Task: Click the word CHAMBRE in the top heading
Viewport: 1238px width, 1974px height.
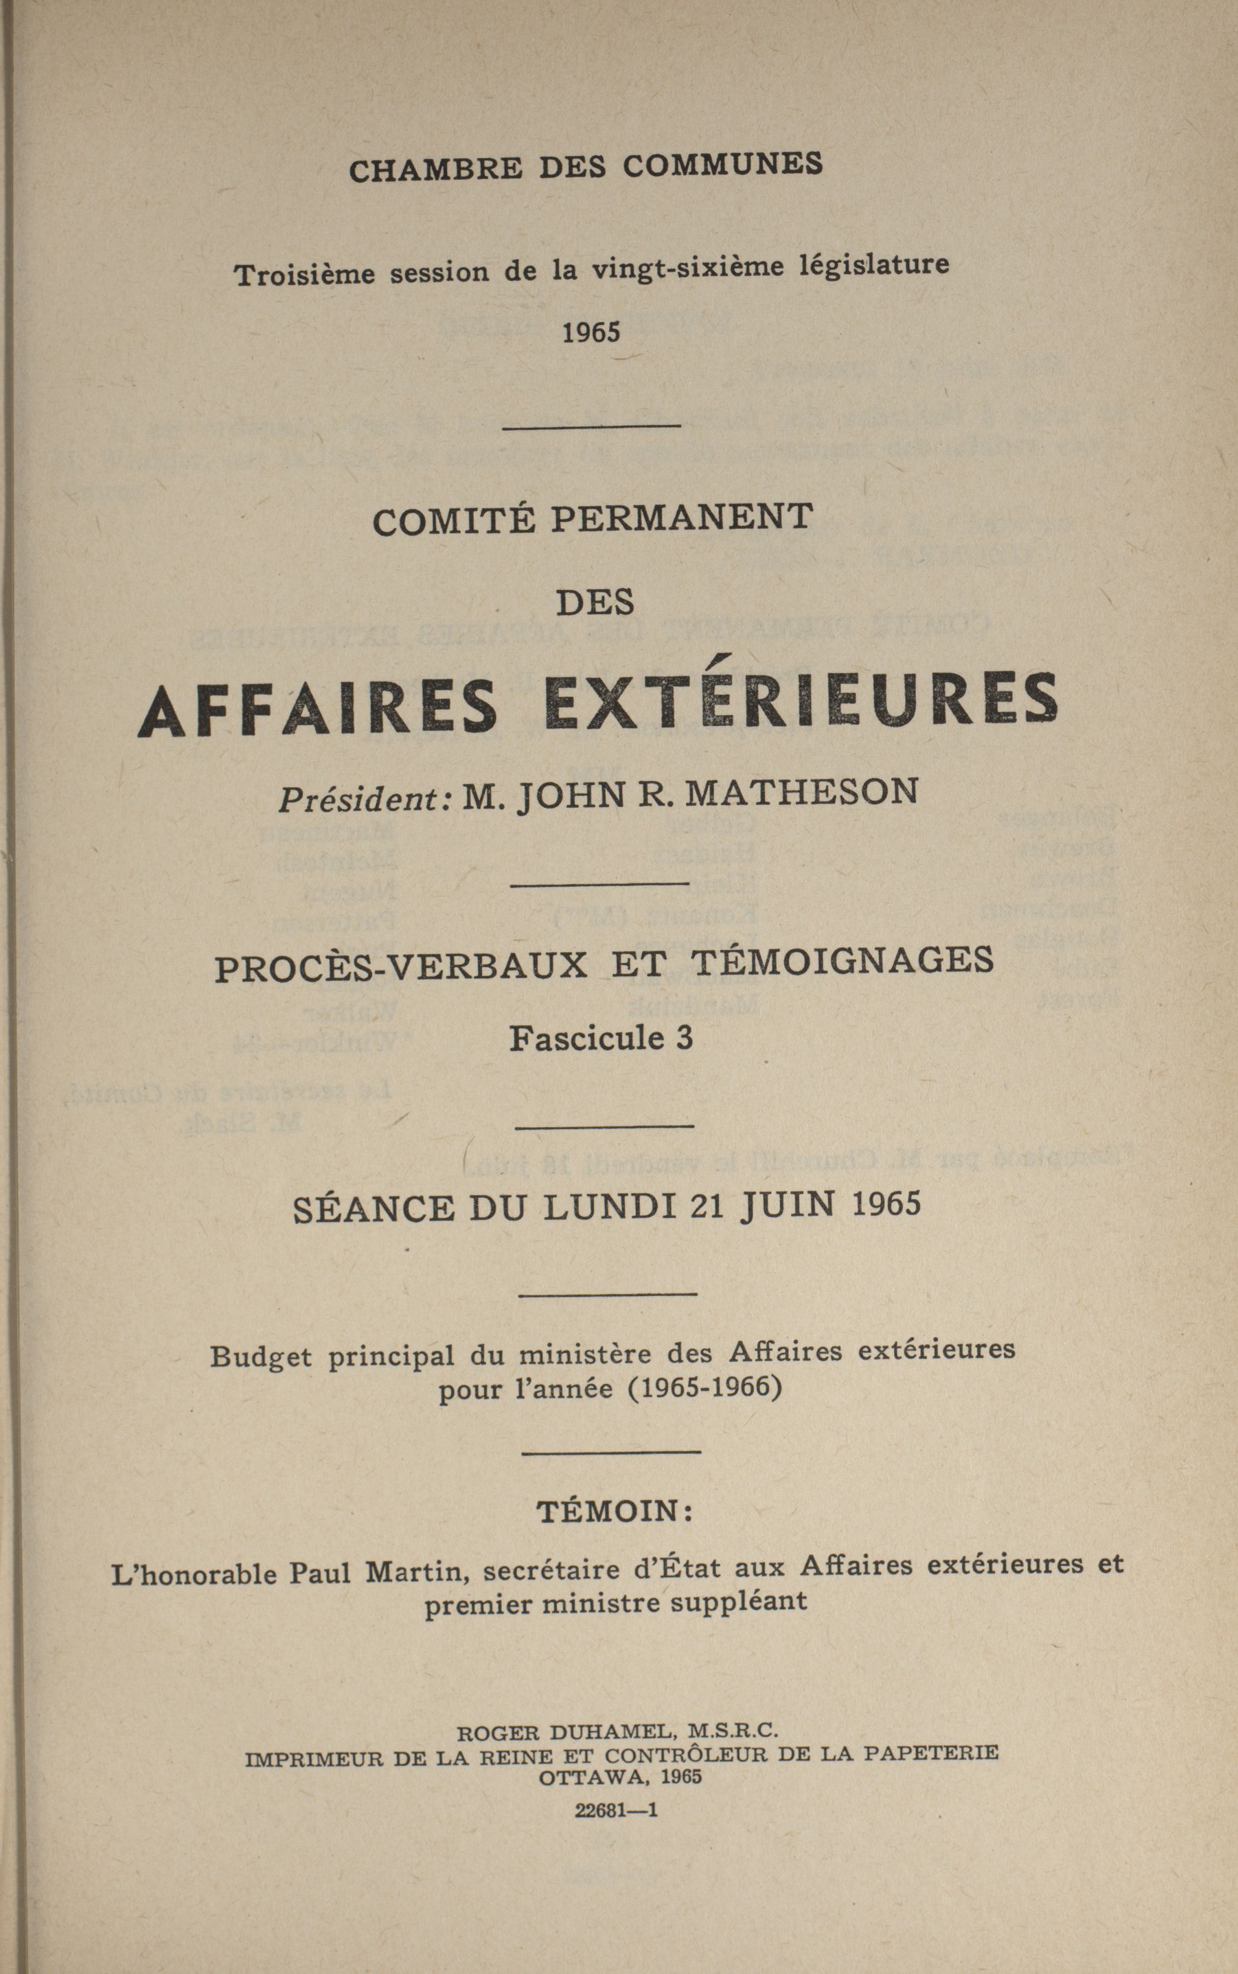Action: pos(435,169)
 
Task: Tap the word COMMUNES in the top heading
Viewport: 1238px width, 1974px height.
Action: pos(722,164)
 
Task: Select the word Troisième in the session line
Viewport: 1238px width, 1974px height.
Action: pos(306,273)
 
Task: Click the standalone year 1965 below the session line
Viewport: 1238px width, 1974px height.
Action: pos(591,332)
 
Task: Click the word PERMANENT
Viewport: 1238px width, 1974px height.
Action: pos(681,518)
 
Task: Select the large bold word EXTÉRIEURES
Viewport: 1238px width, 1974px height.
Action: pos(801,701)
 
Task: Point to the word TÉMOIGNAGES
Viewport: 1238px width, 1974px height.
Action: pos(842,960)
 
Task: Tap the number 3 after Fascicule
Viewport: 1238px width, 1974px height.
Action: pos(684,1038)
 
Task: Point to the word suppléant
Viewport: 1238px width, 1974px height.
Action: pos(739,1601)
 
